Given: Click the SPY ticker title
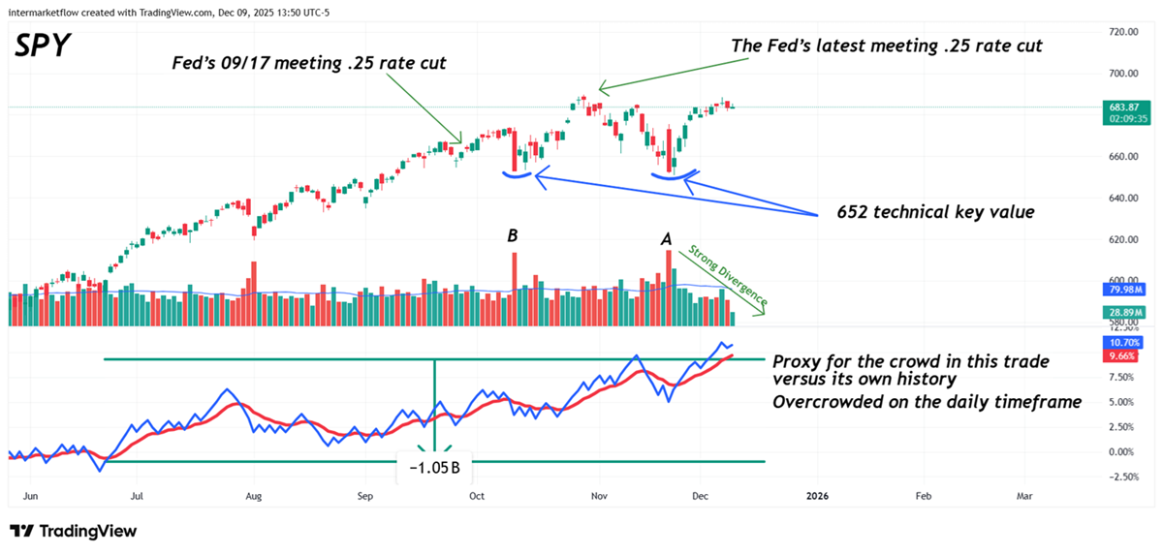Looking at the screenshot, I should tap(43, 45).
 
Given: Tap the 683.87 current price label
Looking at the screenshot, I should tap(1124, 107).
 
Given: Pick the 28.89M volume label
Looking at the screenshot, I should tap(1124, 312).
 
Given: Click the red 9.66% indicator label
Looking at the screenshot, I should tap(1124, 356).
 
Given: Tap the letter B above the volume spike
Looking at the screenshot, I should tap(513, 235).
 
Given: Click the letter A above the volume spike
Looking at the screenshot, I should tap(667, 235).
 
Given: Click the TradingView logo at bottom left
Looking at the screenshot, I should tap(73, 531).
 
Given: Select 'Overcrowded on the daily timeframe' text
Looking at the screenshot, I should tap(926, 401).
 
